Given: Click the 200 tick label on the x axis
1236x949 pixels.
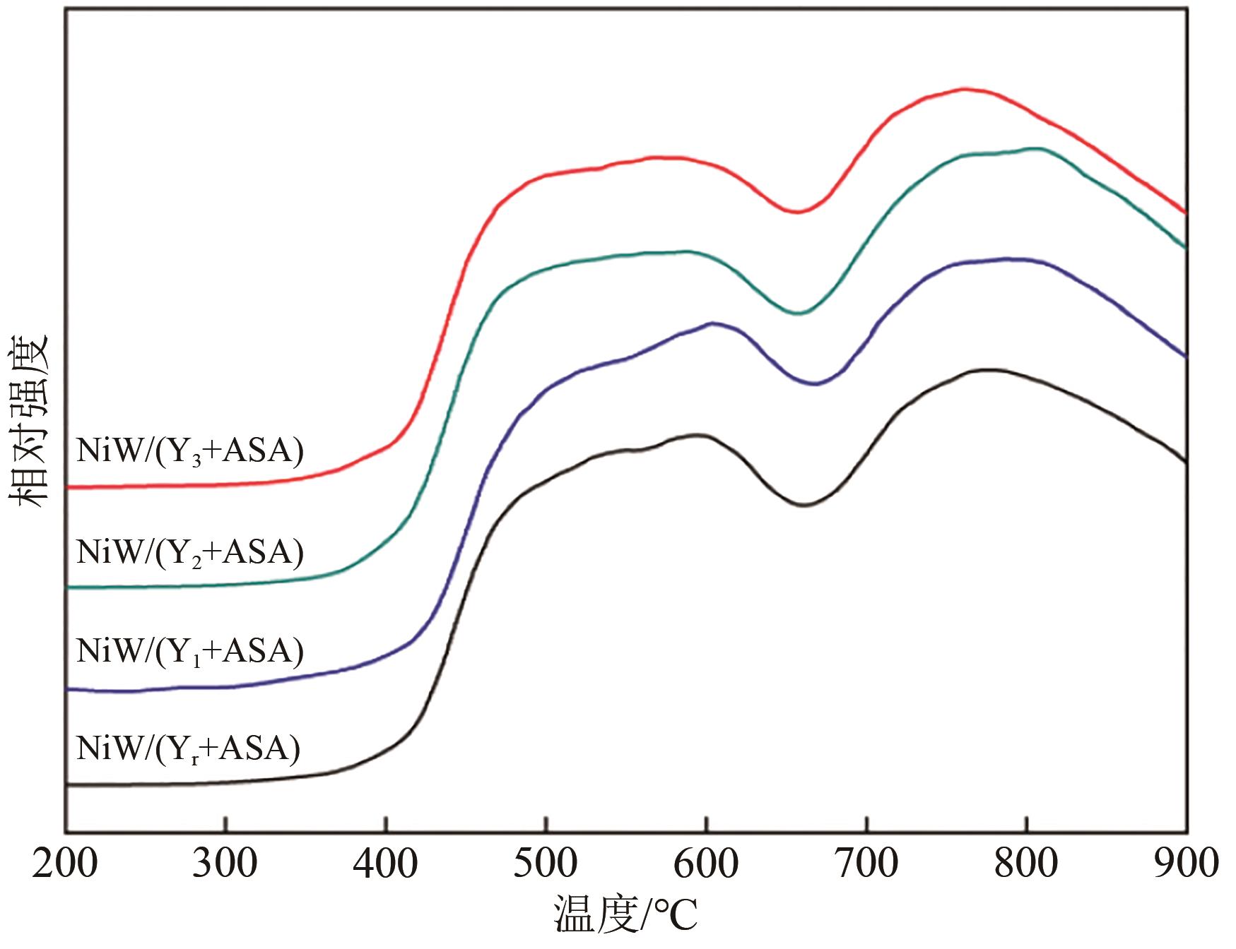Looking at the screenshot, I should click(x=65, y=863).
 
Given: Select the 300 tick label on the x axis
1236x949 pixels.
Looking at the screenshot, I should click(x=225, y=863).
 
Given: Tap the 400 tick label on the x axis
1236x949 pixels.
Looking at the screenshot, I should click(x=385, y=863).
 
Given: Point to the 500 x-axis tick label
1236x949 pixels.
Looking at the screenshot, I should click(x=546, y=863).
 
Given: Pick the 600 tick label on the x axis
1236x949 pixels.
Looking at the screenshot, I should click(x=705, y=863).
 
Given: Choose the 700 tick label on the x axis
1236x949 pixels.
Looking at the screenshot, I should click(x=866, y=863).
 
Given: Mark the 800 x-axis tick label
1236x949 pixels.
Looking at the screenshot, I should click(x=1026, y=863).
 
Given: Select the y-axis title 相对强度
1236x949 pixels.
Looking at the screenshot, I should click(x=28, y=420).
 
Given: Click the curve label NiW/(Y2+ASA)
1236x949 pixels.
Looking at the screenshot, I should click(x=189, y=552).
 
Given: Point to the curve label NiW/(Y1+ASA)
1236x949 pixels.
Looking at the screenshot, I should click(x=189, y=651).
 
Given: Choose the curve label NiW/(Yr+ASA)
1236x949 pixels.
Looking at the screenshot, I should click(x=188, y=748).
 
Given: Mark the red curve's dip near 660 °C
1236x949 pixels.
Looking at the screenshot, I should click(x=797, y=211).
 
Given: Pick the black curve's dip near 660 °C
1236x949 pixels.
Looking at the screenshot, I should click(x=804, y=505).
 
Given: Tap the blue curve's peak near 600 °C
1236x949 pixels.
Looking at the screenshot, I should click(x=712, y=323).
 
